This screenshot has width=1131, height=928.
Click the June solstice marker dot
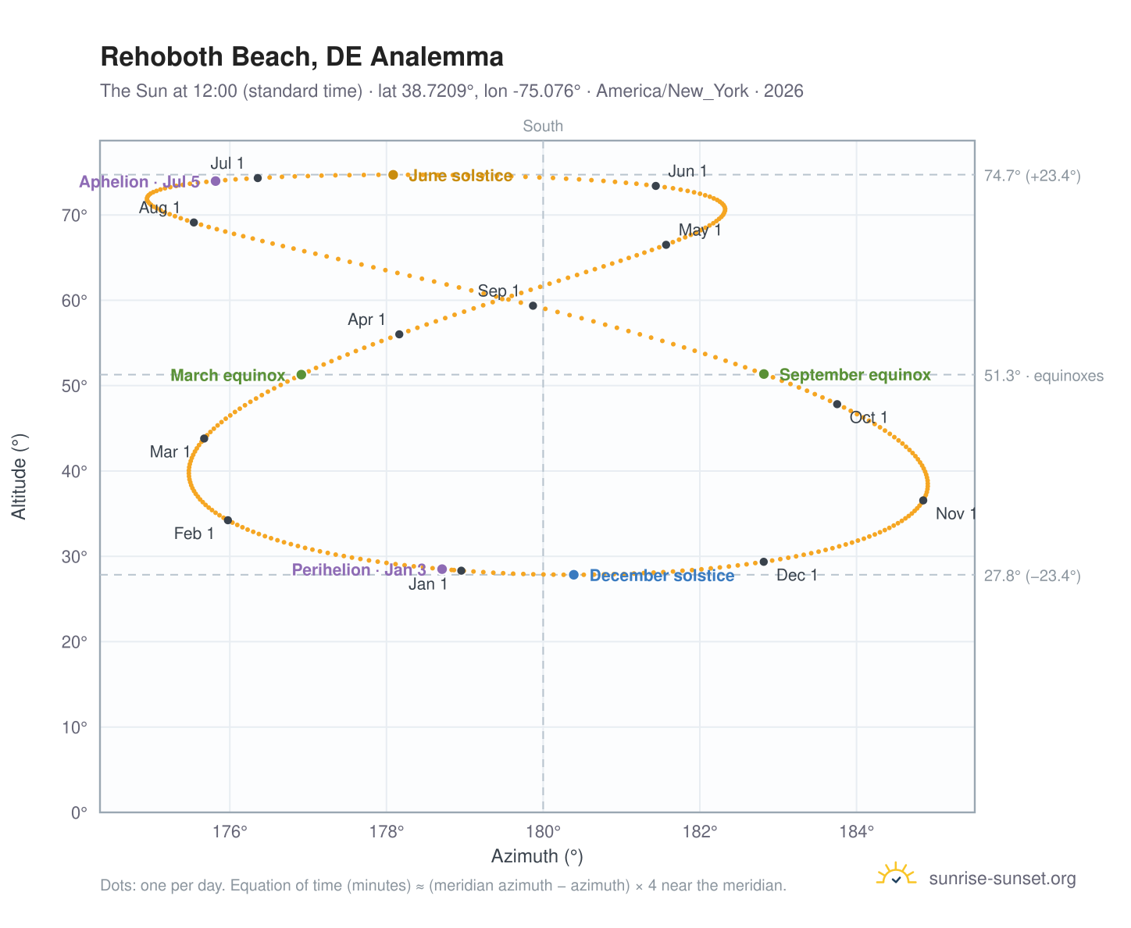point(393,174)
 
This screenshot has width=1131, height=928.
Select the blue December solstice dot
point(573,574)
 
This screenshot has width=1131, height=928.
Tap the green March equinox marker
point(301,374)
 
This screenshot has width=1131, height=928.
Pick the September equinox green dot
point(763,373)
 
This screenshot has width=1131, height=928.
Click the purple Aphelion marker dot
point(215,180)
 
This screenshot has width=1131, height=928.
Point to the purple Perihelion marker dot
point(441,569)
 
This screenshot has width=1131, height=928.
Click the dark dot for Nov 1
point(922,500)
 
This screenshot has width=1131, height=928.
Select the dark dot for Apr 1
point(398,334)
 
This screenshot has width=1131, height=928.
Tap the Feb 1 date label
point(194,534)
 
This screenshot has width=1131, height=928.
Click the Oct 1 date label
point(868,417)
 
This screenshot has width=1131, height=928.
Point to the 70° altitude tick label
point(74,215)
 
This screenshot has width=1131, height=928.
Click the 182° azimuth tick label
point(699,831)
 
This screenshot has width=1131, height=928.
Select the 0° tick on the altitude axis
point(79,812)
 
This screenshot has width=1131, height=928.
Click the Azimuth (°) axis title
point(537,856)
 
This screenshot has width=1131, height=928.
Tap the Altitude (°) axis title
point(19,476)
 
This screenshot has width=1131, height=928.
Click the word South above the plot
point(543,126)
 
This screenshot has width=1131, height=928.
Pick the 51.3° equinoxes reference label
point(1043,376)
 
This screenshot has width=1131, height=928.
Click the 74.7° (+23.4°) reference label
point(1032,176)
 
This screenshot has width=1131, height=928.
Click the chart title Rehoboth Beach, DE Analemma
point(302,57)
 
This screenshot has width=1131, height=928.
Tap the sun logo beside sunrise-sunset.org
point(896,874)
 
